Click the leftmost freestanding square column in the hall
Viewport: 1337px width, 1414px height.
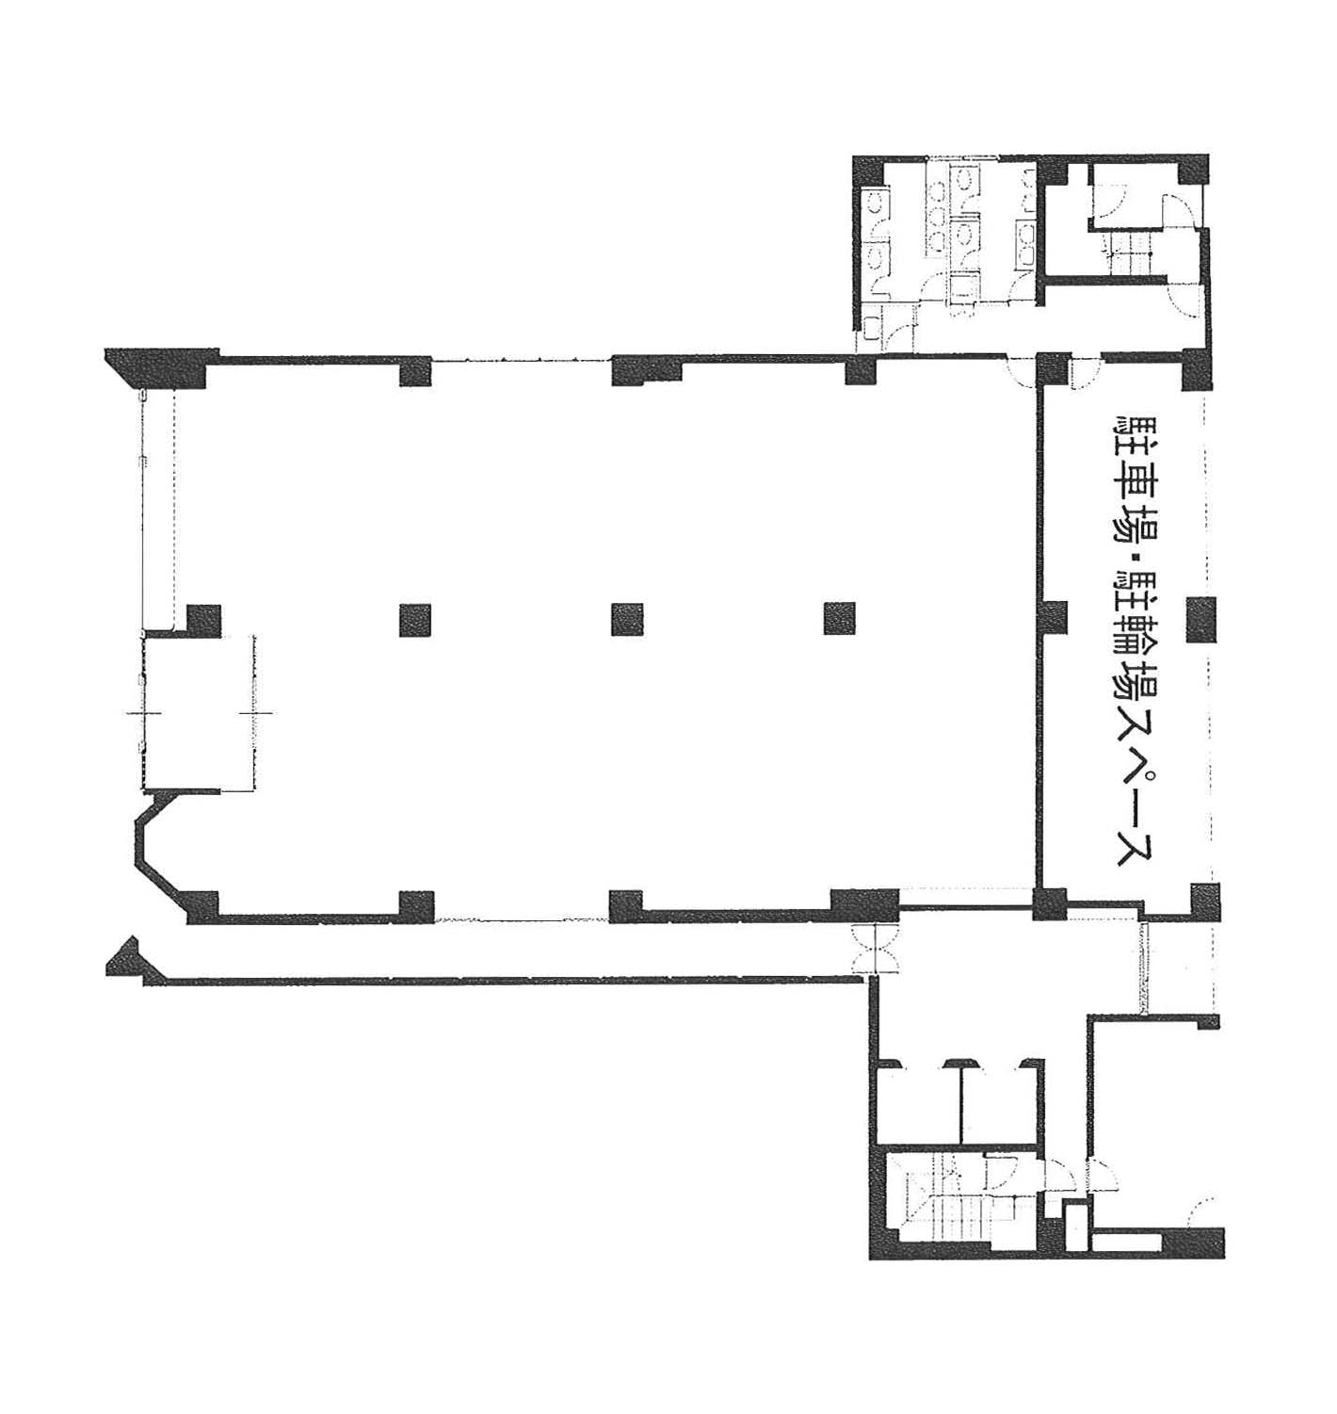pyautogui.click(x=415, y=619)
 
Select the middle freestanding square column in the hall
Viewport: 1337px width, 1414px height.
pyautogui.click(x=627, y=619)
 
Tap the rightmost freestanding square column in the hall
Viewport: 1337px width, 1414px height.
pyautogui.click(x=839, y=619)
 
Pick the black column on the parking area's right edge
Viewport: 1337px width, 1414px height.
pyautogui.click(x=1201, y=619)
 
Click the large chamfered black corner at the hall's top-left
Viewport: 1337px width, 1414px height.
pyautogui.click(x=159, y=367)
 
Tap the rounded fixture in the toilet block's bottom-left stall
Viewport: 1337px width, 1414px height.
pyautogui.click(x=870, y=327)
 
